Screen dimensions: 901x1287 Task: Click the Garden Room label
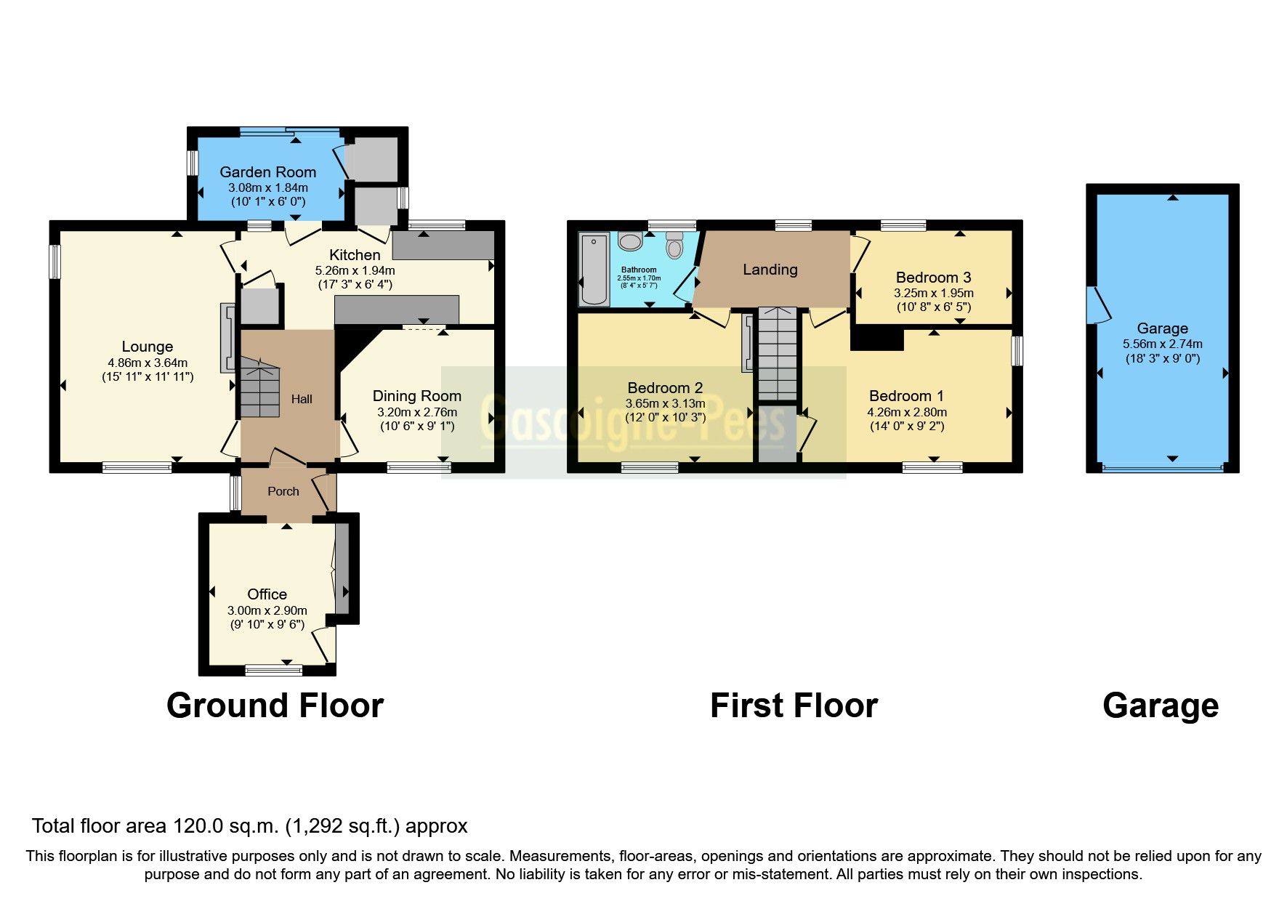[267, 172]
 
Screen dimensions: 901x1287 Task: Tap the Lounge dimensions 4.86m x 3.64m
[148, 363]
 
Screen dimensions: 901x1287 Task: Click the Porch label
[283, 491]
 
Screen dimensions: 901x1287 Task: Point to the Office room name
[267, 594]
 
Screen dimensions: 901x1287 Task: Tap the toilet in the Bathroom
[674, 246]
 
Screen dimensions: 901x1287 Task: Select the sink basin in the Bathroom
[630, 241]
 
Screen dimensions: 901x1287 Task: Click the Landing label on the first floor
[770, 270]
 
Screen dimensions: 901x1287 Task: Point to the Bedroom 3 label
[933, 278]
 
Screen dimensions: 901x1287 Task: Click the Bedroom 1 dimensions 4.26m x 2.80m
[906, 412]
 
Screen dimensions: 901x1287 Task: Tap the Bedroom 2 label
[665, 388]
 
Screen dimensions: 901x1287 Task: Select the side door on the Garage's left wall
[1097, 305]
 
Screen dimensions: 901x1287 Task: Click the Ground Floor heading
[275, 706]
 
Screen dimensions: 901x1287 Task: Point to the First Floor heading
[794, 706]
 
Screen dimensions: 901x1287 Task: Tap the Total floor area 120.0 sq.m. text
[249, 826]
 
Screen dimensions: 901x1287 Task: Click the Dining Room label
[416, 396]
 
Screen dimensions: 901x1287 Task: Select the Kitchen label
[355, 255]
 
